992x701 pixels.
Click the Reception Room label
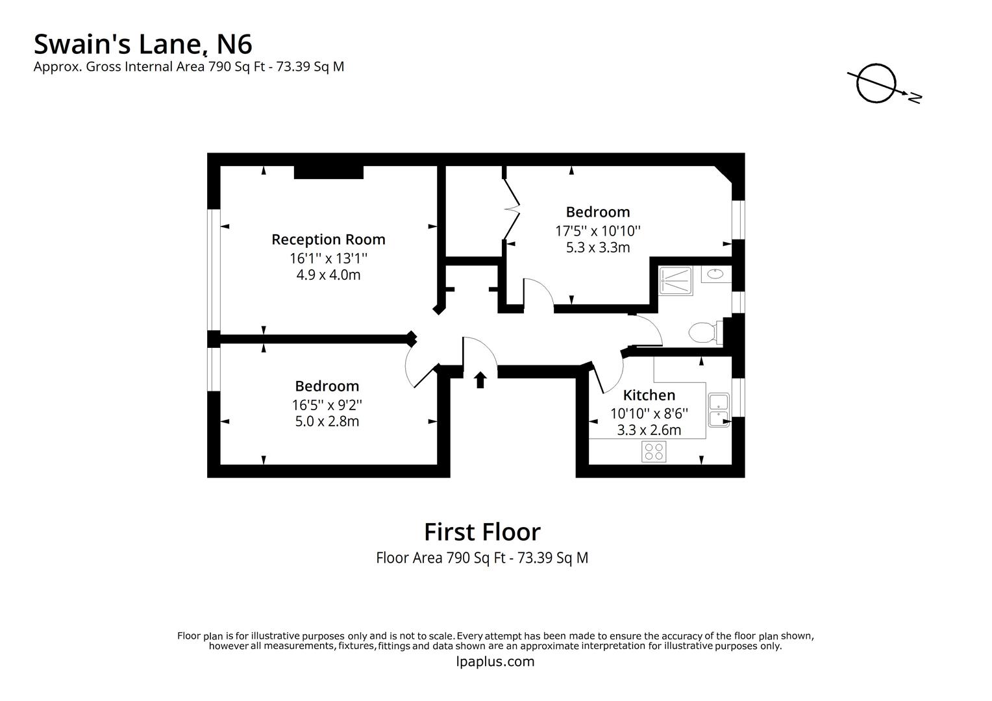click(x=328, y=240)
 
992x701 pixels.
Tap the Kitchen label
click(x=649, y=395)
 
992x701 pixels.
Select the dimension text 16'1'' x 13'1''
click(x=329, y=258)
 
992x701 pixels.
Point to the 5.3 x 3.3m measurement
click(x=598, y=247)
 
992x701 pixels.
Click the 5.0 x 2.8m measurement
click(x=327, y=421)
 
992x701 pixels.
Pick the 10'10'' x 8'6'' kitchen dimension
click(x=649, y=413)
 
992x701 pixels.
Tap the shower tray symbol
click(x=675, y=281)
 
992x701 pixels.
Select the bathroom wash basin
click(x=715, y=274)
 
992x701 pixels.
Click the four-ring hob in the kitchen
click(x=654, y=452)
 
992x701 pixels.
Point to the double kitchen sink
click(x=719, y=410)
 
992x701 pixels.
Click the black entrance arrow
click(x=480, y=380)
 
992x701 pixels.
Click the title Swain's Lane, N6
click(x=143, y=44)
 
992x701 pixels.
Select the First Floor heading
click(x=482, y=532)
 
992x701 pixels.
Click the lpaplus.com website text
click(x=495, y=661)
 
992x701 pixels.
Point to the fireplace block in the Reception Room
click(x=329, y=172)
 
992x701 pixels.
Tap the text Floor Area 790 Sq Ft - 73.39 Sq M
click(x=482, y=558)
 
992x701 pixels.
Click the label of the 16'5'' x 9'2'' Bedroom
click(x=327, y=386)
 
